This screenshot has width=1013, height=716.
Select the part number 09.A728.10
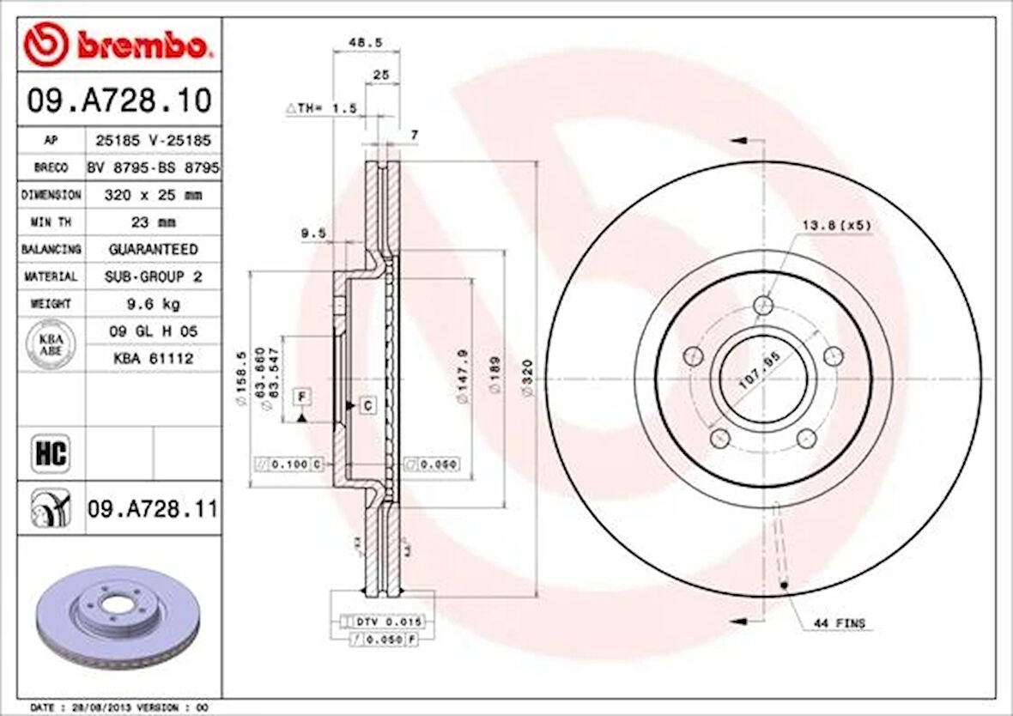[118, 100]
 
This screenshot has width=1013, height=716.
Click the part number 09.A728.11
[152, 510]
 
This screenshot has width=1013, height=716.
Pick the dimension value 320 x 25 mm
[152, 195]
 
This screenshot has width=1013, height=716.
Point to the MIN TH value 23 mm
[152, 222]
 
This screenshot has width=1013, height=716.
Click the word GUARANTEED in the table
[152, 249]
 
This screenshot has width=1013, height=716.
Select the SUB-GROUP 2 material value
[152, 276]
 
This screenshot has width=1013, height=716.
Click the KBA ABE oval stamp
[52, 344]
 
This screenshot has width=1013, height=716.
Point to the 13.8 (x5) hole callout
[836, 226]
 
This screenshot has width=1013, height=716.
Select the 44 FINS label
[838, 623]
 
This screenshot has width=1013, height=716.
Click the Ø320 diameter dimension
[528, 379]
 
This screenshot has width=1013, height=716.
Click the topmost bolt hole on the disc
[763, 305]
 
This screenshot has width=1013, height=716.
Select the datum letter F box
[301, 396]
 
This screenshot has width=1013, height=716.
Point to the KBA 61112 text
[152, 358]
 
